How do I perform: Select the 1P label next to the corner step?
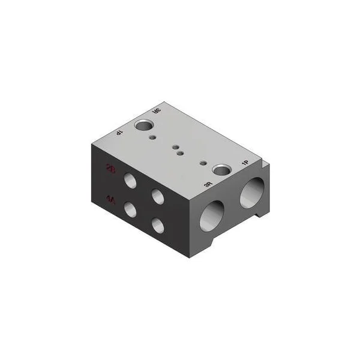coord(244,163)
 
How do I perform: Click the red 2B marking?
coord(110,168)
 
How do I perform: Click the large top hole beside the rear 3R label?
coord(145,125)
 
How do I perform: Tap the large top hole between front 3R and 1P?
coord(223,170)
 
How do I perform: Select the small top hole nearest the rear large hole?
coord(154,137)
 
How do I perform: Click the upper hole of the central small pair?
coord(175,146)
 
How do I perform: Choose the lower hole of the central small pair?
coord(180,154)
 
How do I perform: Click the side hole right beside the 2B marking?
coord(130,179)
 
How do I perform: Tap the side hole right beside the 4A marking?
coord(130,209)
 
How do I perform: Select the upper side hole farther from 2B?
coord(158,195)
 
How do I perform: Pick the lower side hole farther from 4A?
coord(158,226)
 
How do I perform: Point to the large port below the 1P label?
coord(252,192)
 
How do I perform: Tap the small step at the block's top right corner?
coord(265,161)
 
